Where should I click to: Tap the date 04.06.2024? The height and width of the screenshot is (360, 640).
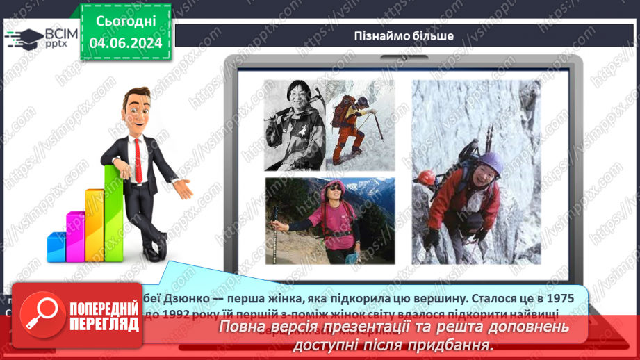coord(126,43)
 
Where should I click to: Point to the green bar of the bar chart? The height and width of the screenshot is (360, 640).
coord(113,211)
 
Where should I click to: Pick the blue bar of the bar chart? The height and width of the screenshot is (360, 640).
coord(56,246)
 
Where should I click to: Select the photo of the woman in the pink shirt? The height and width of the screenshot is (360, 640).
coord(329,220)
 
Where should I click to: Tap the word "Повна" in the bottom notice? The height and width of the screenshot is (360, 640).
coord(244,327)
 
